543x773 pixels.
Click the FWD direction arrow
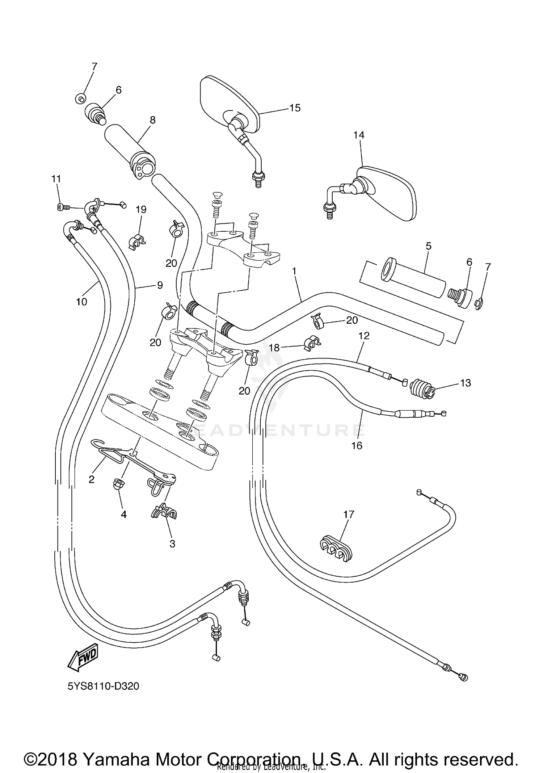(83, 656)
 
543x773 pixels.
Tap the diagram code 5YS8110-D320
(103, 686)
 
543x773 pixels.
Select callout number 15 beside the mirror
(295, 108)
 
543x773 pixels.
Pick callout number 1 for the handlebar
(294, 271)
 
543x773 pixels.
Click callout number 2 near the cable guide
(92, 479)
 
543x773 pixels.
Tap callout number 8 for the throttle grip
(152, 120)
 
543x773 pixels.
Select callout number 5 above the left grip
(428, 246)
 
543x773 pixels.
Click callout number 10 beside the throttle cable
(81, 302)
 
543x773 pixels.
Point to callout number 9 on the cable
(160, 285)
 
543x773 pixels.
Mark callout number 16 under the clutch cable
(357, 446)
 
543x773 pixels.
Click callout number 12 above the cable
(364, 336)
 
